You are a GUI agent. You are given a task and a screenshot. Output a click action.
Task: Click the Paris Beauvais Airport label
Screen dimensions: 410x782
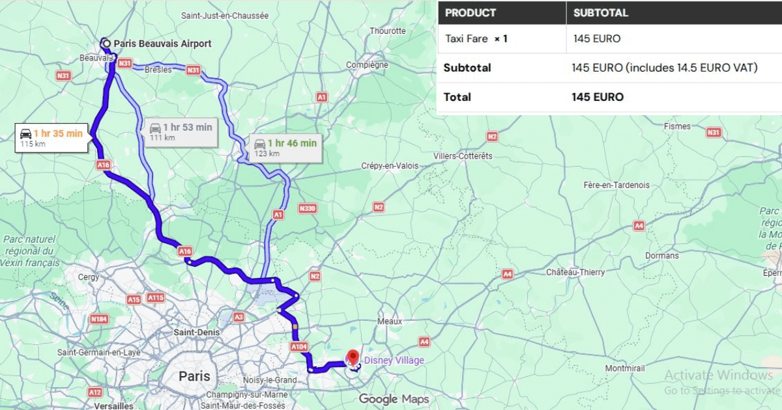[x=162, y=44]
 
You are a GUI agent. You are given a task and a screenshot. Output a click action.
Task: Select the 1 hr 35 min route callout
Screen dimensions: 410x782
[x=51, y=137]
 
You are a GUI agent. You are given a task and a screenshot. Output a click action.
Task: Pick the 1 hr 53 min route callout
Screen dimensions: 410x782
[x=181, y=131]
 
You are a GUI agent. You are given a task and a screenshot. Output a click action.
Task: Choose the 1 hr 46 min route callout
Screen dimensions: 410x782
[x=285, y=147]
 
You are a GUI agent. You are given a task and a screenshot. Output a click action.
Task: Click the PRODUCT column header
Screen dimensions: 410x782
[x=470, y=12]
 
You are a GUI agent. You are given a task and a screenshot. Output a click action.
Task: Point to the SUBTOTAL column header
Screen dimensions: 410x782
[x=601, y=12]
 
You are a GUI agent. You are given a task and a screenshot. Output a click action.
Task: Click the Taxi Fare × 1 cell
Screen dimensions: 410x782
[x=476, y=38]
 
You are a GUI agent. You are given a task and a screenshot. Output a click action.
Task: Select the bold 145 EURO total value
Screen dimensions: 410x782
[x=598, y=97]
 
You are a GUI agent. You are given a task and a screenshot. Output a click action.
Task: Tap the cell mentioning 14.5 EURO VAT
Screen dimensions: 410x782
[x=665, y=68]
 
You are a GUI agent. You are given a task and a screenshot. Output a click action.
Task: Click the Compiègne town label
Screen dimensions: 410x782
[x=367, y=65]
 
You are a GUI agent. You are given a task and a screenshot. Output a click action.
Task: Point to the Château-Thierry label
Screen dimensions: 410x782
[x=575, y=272]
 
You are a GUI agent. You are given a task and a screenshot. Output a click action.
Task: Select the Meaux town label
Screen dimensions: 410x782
[x=390, y=321]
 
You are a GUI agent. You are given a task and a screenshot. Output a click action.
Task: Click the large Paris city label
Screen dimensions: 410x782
[x=194, y=376]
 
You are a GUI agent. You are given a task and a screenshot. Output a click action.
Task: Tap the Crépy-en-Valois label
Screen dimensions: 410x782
[x=390, y=166]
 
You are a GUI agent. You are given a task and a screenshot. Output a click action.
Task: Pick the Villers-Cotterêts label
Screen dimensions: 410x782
[x=463, y=156]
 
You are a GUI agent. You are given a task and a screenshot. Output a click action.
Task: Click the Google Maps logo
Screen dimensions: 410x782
[x=394, y=399]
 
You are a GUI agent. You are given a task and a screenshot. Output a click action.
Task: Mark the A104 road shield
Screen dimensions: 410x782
[x=298, y=348]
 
